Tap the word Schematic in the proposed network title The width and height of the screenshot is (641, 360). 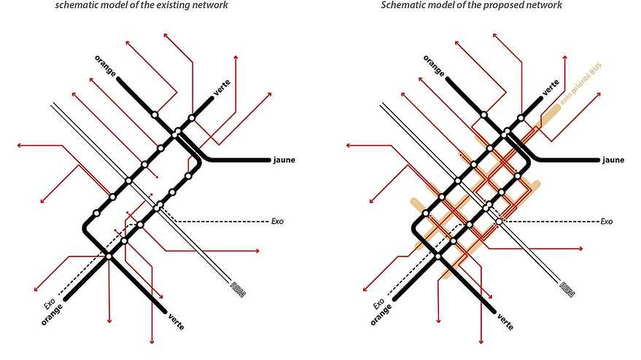coord(403,6)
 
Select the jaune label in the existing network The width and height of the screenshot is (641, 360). coord(284,160)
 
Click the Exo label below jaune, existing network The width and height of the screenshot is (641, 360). coord(276,220)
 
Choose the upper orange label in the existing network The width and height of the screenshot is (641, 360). coord(105,65)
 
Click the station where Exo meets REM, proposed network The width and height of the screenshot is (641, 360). coord(499,221)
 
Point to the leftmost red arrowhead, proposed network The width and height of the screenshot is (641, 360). coord(347,145)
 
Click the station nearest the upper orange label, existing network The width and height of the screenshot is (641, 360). coord(155,114)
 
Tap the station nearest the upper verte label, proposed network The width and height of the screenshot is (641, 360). coord(521,117)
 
